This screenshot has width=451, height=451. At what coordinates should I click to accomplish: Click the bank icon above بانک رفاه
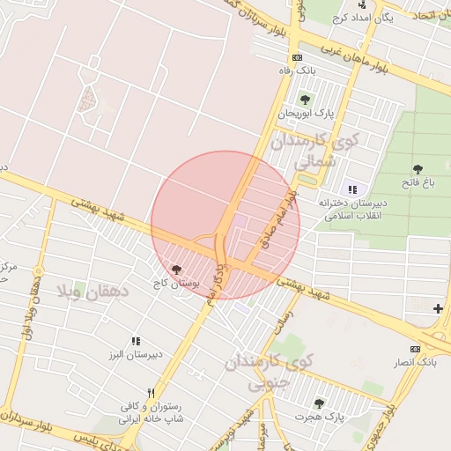[x=297, y=57]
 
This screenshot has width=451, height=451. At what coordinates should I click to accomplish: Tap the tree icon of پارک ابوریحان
[x=305, y=99]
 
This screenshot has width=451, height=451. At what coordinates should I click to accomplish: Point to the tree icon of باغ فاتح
[x=417, y=169]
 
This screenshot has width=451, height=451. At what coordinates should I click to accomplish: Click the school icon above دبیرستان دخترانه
[x=353, y=189]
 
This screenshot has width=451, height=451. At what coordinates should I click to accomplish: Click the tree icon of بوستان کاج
[x=177, y=270]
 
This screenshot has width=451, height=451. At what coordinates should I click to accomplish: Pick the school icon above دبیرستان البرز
[x=136, y=340]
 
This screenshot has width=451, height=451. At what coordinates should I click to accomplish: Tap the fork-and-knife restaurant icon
[x=151, y=393]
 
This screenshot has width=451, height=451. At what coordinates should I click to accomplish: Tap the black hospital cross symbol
[x=438, y=307]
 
